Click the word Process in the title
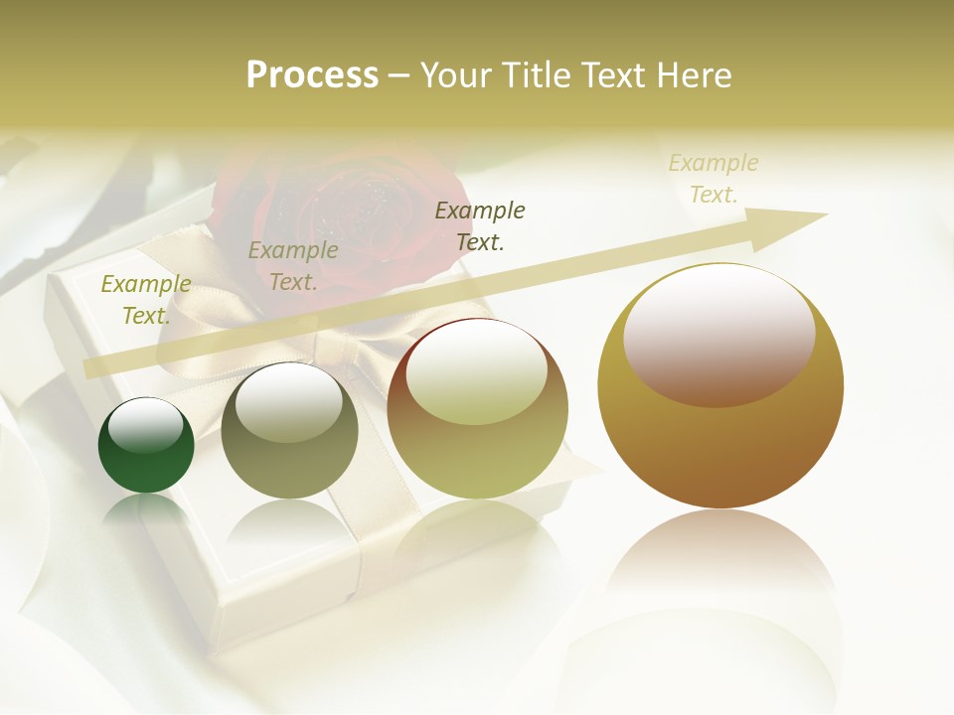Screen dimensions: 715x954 pos(312,75)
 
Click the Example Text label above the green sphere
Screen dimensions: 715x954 pos(146,300)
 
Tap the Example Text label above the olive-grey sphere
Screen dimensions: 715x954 pos(293,266)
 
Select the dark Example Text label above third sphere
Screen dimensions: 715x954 pos(480,226)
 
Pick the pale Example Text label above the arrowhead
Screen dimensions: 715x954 pos(714,179)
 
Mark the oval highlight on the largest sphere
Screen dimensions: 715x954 pos(719,336)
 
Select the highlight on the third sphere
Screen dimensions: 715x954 pos(477,372)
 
